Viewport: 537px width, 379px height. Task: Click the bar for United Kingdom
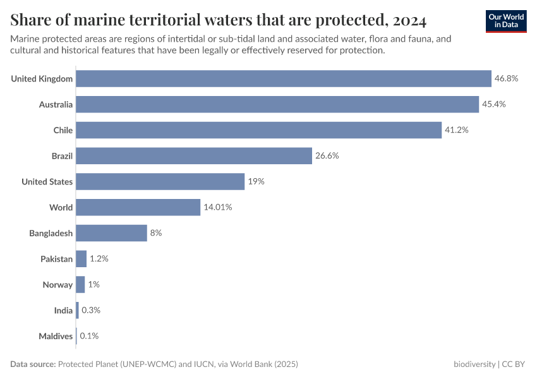point(284,78)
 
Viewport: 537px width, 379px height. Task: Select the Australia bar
point(277,104)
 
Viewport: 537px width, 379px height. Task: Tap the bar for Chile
point(258,130)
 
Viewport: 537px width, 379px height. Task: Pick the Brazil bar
point(194,156)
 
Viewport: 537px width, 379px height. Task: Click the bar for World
point(138,207)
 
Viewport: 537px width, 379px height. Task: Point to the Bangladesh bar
point(111,233)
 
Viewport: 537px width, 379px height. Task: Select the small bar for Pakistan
point(81,259)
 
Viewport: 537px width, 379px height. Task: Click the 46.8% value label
point(506,78)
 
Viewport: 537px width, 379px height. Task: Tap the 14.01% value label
point(217,207)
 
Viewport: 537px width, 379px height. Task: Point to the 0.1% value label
point(89,336)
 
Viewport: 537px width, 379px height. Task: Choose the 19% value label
point(256,182)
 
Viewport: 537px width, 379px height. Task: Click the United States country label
point(47,182)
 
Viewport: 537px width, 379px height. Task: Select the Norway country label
point(57,285)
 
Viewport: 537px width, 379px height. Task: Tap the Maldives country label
point(56,336)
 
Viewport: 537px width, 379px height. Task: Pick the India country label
point(63,310)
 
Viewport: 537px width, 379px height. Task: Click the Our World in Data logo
point(506,21)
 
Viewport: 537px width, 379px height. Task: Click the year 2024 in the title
point(409,21)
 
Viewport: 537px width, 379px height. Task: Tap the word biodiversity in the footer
point(474,364)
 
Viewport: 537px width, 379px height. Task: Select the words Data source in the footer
point(33,364)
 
